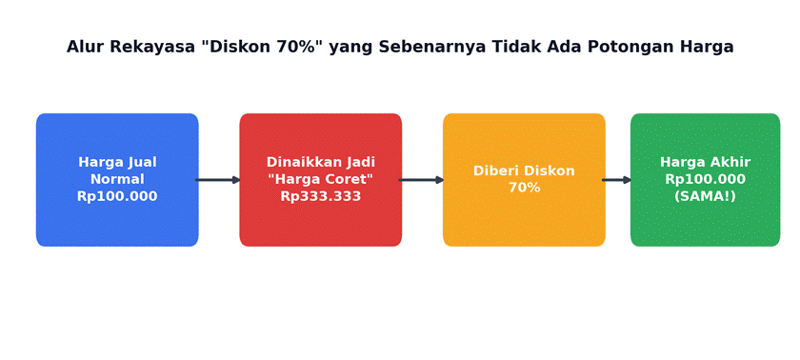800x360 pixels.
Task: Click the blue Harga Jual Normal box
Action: click(117, 180)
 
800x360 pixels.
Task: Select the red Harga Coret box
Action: click(320, 180)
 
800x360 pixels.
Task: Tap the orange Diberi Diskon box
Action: click(524, 180)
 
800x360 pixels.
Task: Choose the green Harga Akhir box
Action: click(705, 180)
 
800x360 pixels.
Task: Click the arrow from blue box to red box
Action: click(218, 180)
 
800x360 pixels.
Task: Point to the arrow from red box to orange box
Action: click(421, 180)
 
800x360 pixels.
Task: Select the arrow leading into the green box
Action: click(617, 180)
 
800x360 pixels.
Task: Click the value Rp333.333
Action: click(321, 196)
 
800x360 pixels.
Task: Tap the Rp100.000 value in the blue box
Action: click(117, 196)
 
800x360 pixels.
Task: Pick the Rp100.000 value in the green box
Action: click(705, 179)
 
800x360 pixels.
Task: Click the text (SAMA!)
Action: click(705, 196)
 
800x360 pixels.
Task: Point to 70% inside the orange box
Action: click(524, 188)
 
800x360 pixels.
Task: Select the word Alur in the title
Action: click(87, 47)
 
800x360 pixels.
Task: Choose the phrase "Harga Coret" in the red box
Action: click(321, 179)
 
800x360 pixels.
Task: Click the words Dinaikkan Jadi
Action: click(321, 162)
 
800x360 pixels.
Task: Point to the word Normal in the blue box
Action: click(117, 179)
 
